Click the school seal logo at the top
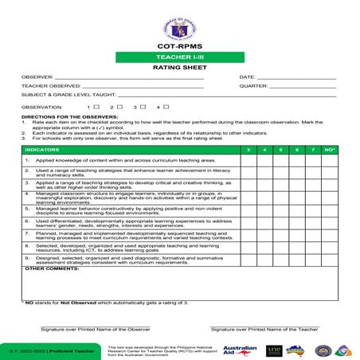click(x=179, y=25)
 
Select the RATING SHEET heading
click(x=179, y=69)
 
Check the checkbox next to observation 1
click(x=96, y=106)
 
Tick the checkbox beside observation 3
click(x=144, y=106)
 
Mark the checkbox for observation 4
click(x=167, y=106)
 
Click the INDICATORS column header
click(x=41, y=150)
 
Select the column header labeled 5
click(x=280, y=150)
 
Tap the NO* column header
click(x=330, y=150)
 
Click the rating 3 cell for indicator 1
click(x=248, y=160)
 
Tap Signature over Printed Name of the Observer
click(x=96, y=328)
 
